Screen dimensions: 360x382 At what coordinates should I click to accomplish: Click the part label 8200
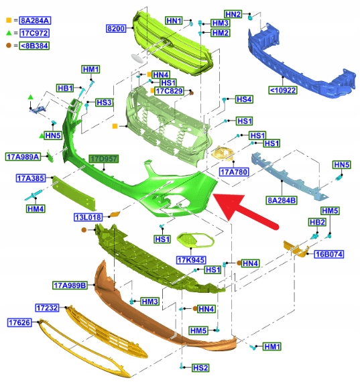(116, 29)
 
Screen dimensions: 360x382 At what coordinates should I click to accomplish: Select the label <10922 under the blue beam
(283, 90)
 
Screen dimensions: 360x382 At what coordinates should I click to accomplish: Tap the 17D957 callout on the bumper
(104, 159)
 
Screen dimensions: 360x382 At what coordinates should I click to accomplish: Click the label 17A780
(234, 172)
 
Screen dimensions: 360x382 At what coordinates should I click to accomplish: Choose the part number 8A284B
(282, 200)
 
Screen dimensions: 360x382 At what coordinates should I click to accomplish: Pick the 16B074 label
(328, 255)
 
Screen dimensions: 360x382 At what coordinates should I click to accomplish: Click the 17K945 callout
(191, 260)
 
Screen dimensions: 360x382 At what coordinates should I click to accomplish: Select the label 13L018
(88, 217)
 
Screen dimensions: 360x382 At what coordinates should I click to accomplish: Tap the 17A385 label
(31, 178)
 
